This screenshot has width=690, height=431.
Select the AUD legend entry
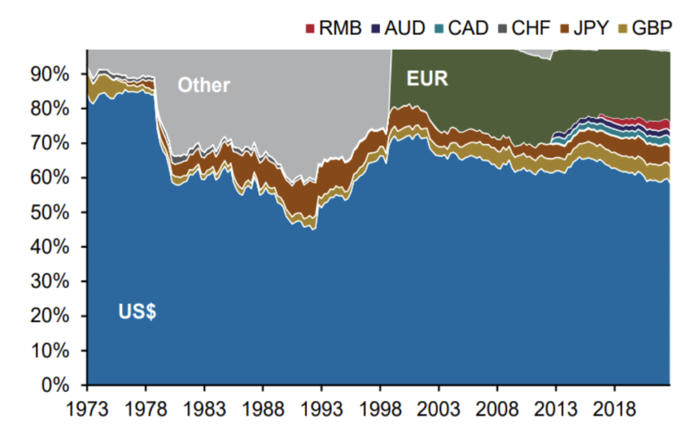(x=406, y=28)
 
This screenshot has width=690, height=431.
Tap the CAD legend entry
(x=468, y=28)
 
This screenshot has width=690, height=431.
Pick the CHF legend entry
(x=531, y=28)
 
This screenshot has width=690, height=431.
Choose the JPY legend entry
(x=592, y=28)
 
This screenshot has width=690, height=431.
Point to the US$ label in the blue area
(x=137, y=313)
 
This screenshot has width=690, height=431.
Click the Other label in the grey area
(x=203, y=85)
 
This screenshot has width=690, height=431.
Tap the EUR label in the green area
(x=427, y=79)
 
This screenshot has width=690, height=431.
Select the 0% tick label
(x=56, y=385)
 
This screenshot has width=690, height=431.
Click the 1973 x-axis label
(x=87, y=409)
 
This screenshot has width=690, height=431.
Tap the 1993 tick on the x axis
(x=321, y=409)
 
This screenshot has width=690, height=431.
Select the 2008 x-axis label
(x=497, y=409)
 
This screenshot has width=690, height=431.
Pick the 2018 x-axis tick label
(x=615, y=409)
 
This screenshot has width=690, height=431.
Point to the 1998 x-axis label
(x=380, y=409)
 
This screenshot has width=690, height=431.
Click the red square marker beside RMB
(x=310, y=29)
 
